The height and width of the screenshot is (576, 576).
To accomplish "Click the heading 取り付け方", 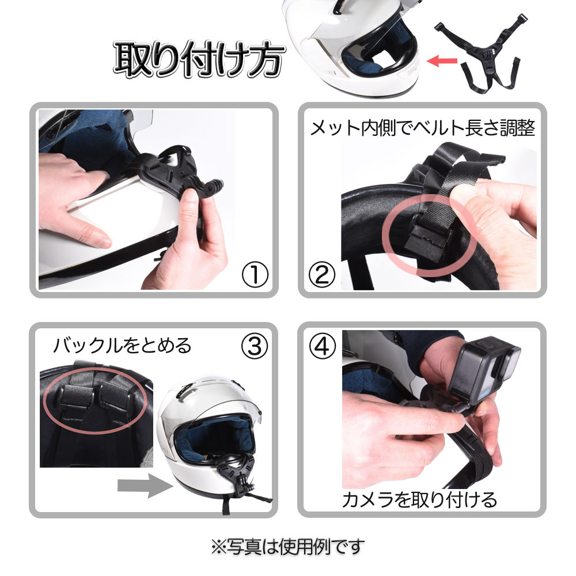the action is [x=199, y=59].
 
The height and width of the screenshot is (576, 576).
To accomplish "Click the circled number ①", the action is [x=255, y=274].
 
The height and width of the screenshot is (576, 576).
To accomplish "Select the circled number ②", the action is [x=322, y=274].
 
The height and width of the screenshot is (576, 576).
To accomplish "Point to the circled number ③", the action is [x=255, y=346].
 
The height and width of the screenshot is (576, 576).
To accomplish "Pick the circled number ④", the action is [x=322, y=346].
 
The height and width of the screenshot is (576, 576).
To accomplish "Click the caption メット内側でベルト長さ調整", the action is [x=422, y=128].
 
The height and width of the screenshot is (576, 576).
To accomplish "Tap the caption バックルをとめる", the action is [x=122, y=345].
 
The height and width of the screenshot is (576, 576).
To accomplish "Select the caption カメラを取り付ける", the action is [x=419, y=499].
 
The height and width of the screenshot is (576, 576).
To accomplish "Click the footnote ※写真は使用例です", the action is [x=287, y=547].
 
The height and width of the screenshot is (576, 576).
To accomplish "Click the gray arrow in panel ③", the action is [x=145, y=485].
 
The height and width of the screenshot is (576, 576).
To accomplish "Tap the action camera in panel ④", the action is [x=484, y=371].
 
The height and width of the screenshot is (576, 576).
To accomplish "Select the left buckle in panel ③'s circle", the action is [x=75, y=397].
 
